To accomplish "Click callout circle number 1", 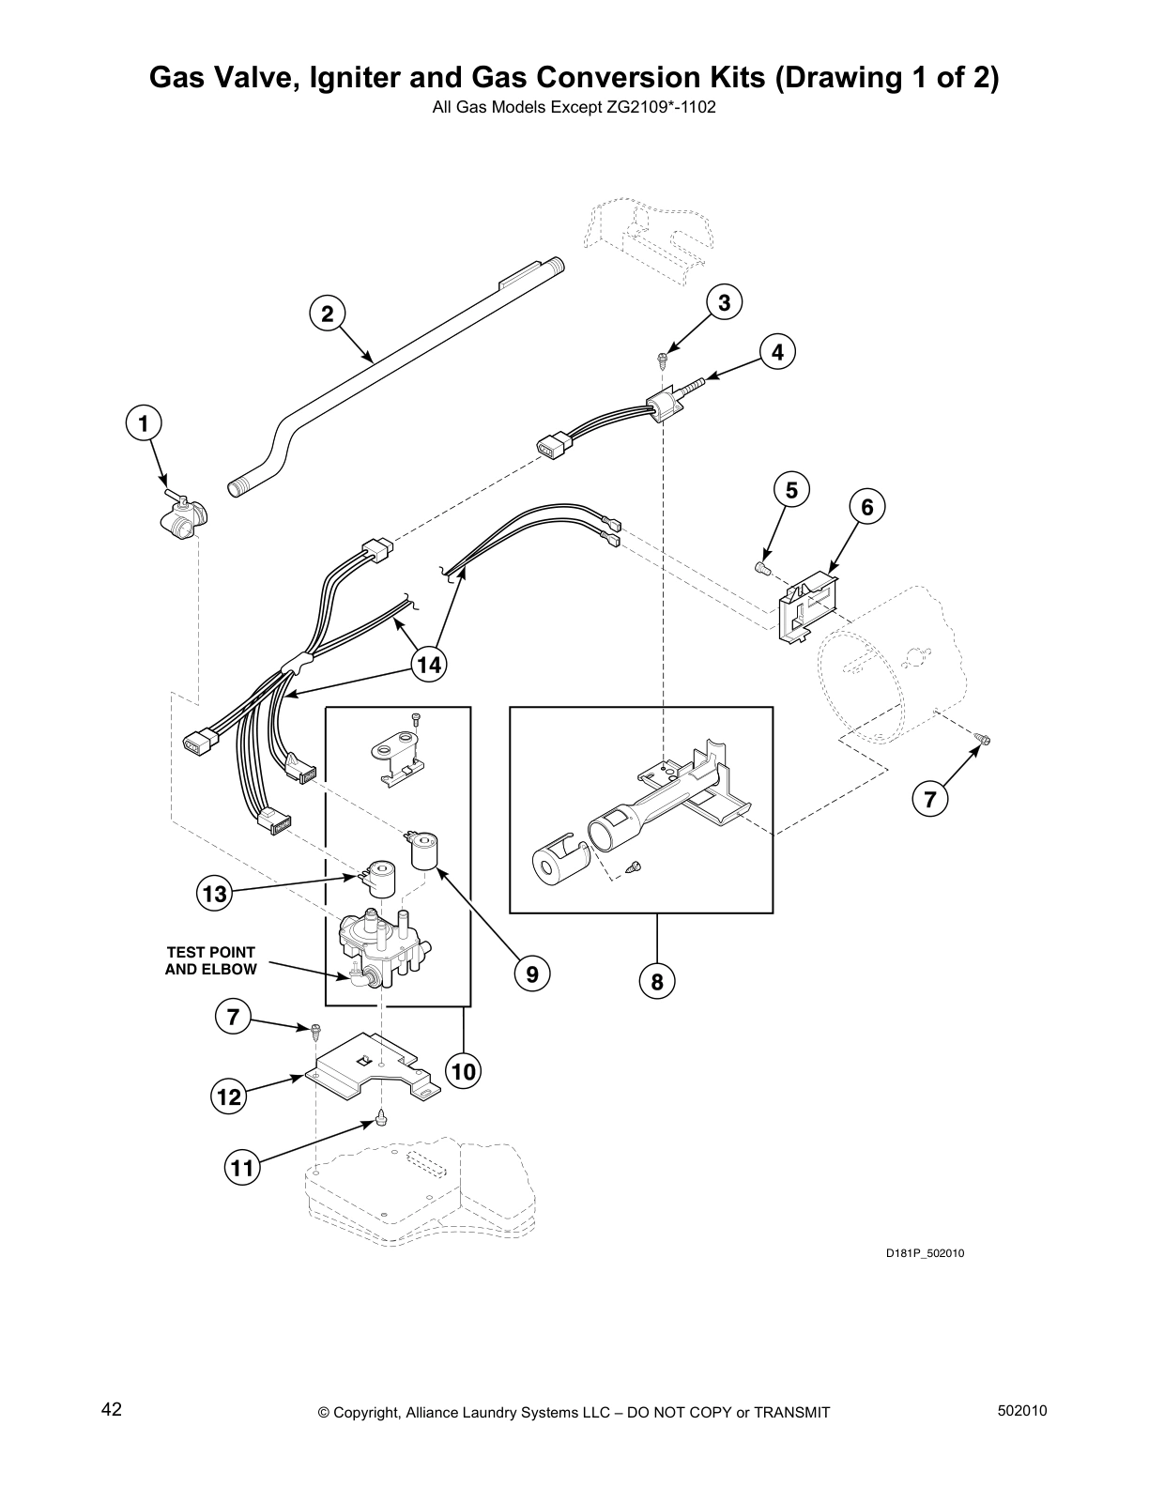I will click(144, 423).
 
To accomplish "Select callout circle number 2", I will click(327, 314).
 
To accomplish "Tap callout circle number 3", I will click(724, 302).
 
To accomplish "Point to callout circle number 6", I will click(866, 507).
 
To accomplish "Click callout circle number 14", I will click(429, 665).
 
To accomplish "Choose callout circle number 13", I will click(215, 894).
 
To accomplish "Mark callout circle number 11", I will click(242, 1168).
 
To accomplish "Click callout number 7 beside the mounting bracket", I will click(234, 1016).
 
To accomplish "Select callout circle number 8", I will click(657, 982).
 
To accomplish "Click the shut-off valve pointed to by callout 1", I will click(184, 514).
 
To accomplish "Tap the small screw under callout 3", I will click(662, 357).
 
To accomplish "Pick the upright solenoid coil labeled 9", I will click(425, 851).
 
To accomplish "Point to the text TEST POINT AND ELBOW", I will click(210, 960).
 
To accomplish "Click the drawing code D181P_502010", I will click(925, 1253).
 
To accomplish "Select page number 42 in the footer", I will click(112, 1410).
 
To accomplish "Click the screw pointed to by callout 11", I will click(381, 1117).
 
